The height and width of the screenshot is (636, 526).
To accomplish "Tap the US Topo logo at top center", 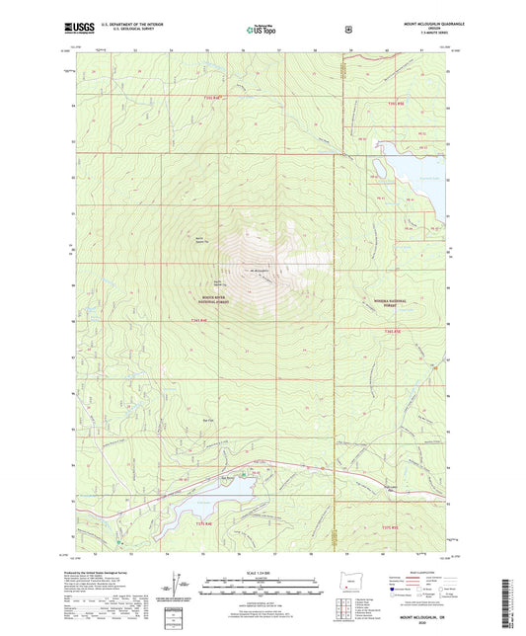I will tap(262, 31).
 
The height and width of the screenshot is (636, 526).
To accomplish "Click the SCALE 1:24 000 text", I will tap(262, 572).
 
